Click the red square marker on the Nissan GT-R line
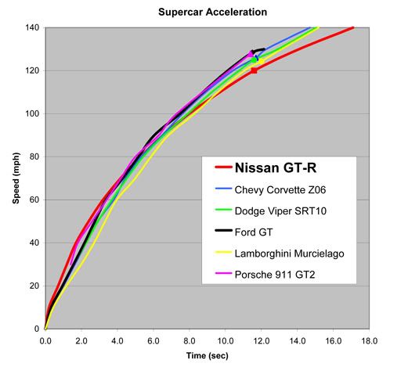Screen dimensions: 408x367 click(254, 70)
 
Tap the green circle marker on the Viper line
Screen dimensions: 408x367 click(254, 60)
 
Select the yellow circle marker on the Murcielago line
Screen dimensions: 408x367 click(261, 61)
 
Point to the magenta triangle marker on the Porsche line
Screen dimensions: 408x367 click(250, 54)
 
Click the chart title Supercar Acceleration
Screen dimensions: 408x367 click(212, 12)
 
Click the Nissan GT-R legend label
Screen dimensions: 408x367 click(276, 167)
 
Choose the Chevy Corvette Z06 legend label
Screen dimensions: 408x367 click(280, 189)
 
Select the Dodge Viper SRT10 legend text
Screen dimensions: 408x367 click(280, 210)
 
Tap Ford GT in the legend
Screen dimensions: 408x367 click(254, 232)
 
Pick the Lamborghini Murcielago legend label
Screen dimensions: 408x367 click(289, 254)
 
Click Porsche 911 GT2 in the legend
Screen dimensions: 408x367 click(275, 275)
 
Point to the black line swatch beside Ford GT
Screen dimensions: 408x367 click(223, 230)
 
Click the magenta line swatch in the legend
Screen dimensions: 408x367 click(223, 273)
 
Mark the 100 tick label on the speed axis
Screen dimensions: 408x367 click(32, 113)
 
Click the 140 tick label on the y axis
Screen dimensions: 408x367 click(32, 27)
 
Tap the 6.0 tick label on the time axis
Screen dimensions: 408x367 click(153, 340)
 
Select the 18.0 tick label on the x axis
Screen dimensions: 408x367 click(369, 340)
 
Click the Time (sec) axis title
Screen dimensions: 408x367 click(208, 355)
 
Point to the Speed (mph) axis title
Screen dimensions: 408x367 click(16, 178)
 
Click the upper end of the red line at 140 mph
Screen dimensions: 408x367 click(353, 27)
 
